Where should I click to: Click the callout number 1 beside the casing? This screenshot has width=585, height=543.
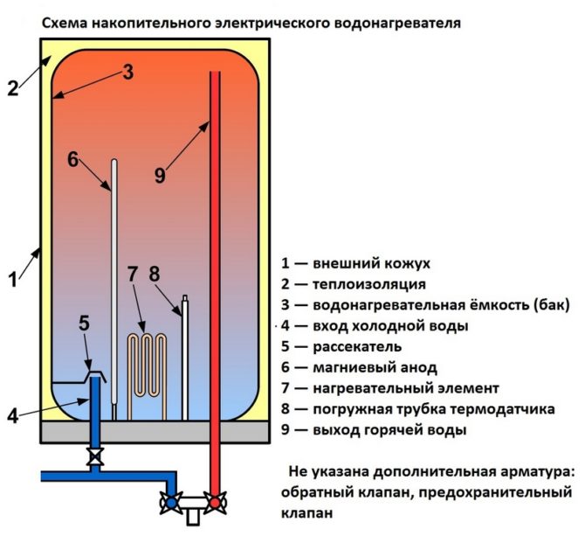click(12, 281)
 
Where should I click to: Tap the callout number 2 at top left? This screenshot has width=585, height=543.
click(12, 88)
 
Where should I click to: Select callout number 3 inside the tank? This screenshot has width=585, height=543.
click(127, 73)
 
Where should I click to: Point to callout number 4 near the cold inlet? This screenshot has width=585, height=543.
click(13, 415)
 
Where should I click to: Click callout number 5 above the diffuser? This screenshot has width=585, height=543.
click(84, 323)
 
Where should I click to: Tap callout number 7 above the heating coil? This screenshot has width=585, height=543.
click(133, 274)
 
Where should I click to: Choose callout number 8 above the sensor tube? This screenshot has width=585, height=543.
click(155, 274)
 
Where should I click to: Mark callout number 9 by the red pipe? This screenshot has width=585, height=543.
click(159, 175)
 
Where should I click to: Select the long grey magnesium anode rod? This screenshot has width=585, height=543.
click(114, 280)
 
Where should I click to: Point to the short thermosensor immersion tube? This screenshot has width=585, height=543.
click(184, 359)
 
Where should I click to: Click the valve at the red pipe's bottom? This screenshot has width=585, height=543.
click(212, 502)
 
